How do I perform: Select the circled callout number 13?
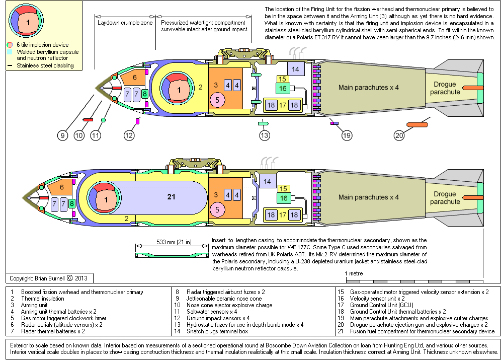(x=265, y=135)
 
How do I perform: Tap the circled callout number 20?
(x=399, y=135)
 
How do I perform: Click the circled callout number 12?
(x=130, y=135)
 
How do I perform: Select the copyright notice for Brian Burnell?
(x=48, y=278)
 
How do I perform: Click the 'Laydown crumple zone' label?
(x=125, y=23)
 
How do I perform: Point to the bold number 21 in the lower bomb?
(x=172, y=196)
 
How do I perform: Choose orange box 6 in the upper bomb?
(x=134, y=78)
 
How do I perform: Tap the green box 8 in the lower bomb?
(x=72, y=203)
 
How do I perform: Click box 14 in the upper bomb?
(x=295, y=69)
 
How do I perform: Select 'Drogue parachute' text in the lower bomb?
(x=445, y=198)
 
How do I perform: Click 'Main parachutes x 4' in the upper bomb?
(x=369, y=88)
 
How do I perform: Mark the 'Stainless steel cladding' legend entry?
(x=45, y=65)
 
